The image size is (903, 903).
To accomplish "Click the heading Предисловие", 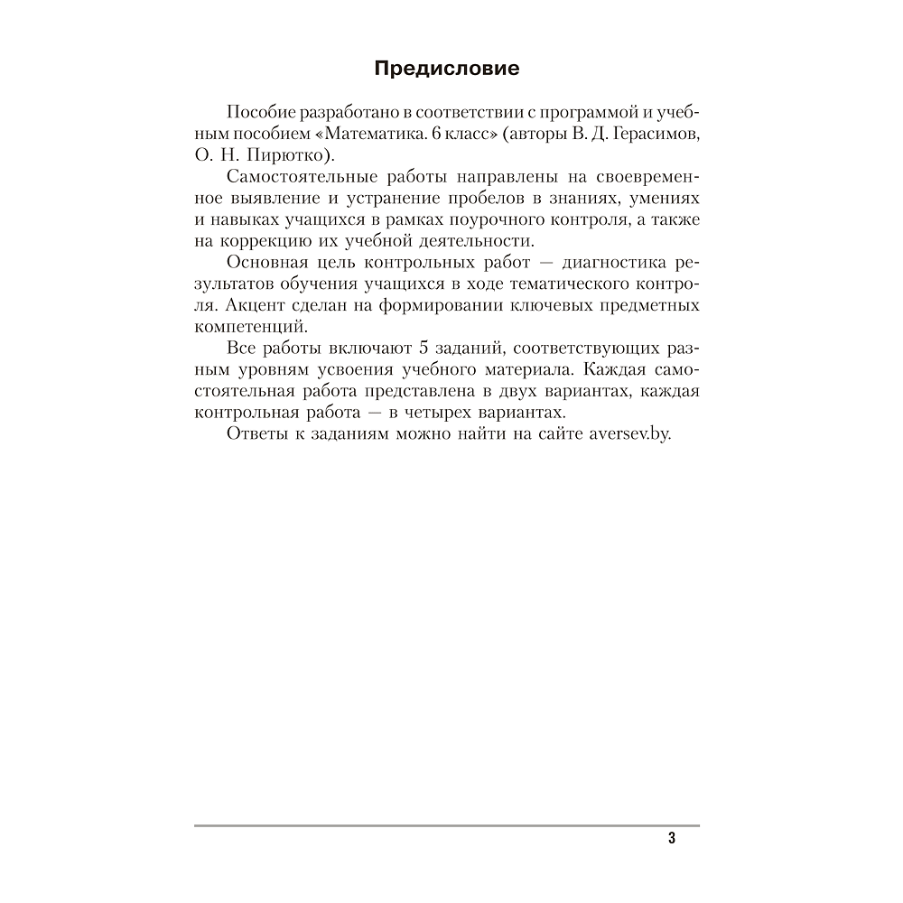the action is (x=447, y=70).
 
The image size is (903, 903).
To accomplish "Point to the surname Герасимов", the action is (x=646, y=134).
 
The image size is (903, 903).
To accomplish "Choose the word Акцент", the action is (x=252, y=305).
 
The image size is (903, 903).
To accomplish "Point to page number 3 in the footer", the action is (x=672, y=838).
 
